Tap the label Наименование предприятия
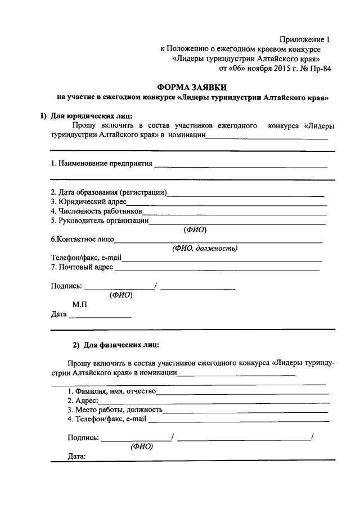click(101, 164)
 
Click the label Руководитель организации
click(100, 220)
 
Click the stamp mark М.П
click(79, 304)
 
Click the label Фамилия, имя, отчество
click(111, 391)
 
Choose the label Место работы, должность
click(115, 409)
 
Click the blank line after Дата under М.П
click(100, 317)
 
